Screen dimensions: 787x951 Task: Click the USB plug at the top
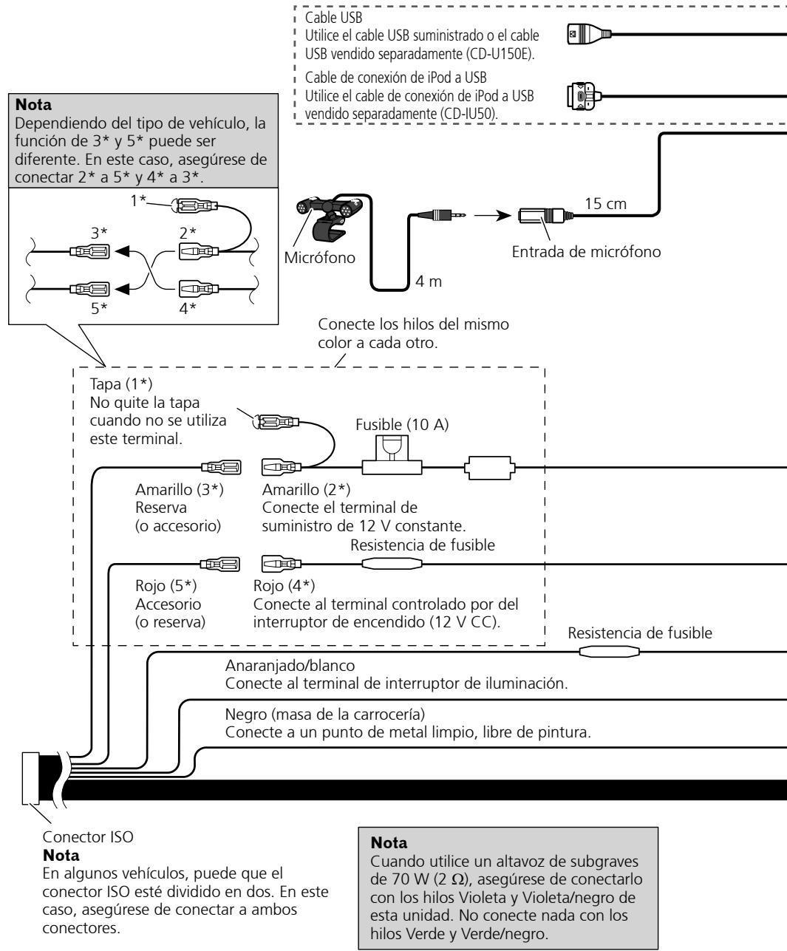(x=589, y=34)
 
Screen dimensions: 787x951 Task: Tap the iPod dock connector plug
(x=584, y=96)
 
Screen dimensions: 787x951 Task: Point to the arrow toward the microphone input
(x=493, y=215)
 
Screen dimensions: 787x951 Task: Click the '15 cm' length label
(x=605, y=204)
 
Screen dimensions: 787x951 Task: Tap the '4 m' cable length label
(x=429, y=281)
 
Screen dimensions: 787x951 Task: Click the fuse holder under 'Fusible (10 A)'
(x=392, y=455)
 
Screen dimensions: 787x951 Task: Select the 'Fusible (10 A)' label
(x=402, y=424)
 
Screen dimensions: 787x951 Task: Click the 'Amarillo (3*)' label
(x=180, y=490)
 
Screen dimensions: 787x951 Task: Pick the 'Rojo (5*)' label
(x=166, y=586)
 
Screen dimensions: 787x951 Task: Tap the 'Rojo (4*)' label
(x=284, y=586)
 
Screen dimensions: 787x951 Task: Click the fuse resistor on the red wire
(x=392, y=565)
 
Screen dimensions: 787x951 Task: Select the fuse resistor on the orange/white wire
(x=609, y=652)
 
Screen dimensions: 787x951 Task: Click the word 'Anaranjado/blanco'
(x=290, y=666)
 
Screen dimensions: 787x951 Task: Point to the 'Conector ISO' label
(x=88, y=836)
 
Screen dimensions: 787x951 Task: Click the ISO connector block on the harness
(x=30, y=778)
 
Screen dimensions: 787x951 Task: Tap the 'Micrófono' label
(x=320, y=258)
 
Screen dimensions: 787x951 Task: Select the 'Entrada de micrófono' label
(x=586, y=252)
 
